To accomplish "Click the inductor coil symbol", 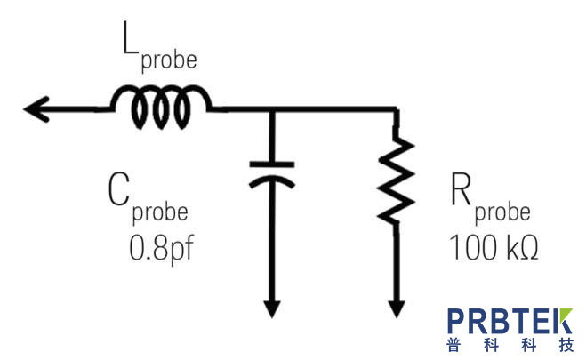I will (x=161, y=106).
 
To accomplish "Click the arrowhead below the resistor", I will (x=396, y=308).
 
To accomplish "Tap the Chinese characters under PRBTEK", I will (x=510, y=345).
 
